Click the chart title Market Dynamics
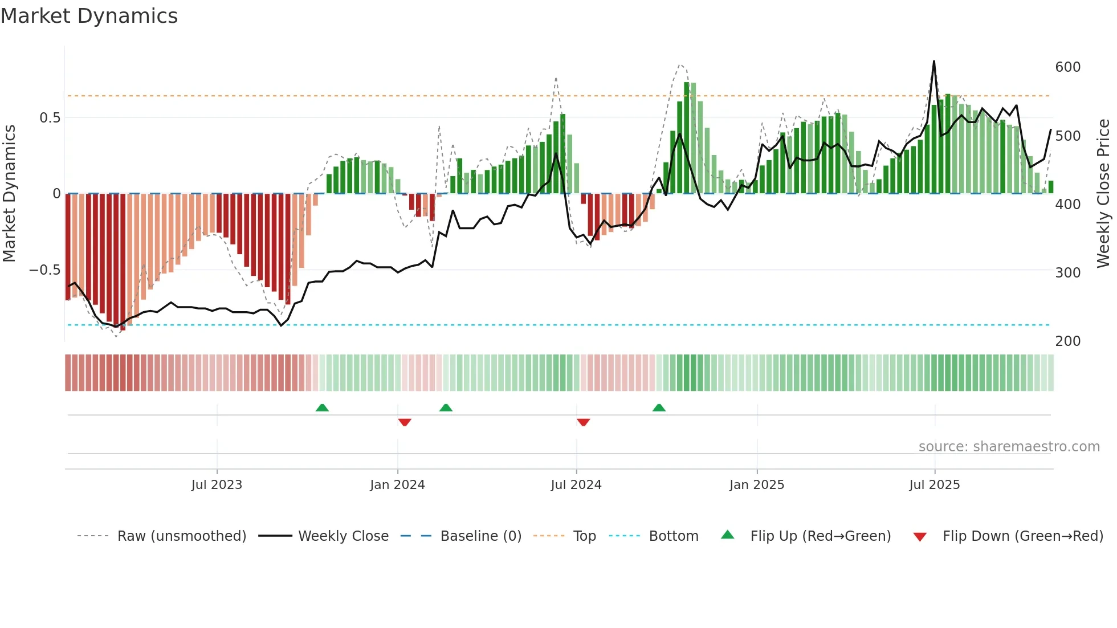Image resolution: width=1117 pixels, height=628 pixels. pyautogui.click(x=89, y=16)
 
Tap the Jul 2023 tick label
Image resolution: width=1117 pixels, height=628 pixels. pyautogui.click(x=217, y=485)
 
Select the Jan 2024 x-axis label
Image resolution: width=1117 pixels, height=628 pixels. pyautogui.click(x=397, y=485)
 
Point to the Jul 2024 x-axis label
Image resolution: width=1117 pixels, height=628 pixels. pyautogui.click(x=576, y=485)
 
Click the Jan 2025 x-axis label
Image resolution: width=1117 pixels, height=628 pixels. pyautogui.click(x=756, y=485)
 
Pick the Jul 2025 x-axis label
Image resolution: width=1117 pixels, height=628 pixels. pyautogui.click(x=934, y=485)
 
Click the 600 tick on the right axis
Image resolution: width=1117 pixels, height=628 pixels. pyautogui.click(x=1067, y=67)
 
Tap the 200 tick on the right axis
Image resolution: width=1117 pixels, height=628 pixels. pyautogui.click(x=1067, y=341)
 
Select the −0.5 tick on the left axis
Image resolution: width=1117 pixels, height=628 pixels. pyautogui.click(x=44, y=270)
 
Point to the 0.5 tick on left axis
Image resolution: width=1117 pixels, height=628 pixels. pyautogui.click(x=50, y=118)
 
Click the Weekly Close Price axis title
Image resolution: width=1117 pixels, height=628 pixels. pyautogui.click(x=1103, y=193)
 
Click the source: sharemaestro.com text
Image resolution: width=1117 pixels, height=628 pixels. pyautogui.click(x=1009, y=447)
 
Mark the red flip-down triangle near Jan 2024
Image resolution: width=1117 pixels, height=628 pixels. pyautogui.click(x=405, y=422)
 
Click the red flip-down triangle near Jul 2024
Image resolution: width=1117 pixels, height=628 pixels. pyautogui.click(x=583, y=422)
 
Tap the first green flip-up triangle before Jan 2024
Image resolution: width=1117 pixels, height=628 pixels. pyautogui.click(x=322, y=407)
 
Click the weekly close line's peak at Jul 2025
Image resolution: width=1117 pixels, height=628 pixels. pyautogui.click(x=933, y=62)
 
